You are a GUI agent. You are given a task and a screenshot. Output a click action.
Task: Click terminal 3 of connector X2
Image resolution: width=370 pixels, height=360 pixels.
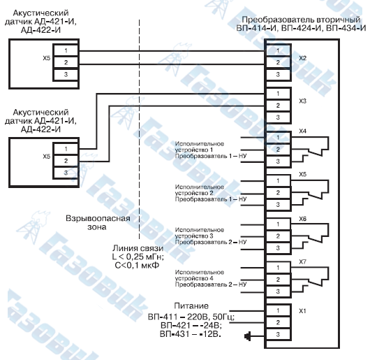coord(278,75)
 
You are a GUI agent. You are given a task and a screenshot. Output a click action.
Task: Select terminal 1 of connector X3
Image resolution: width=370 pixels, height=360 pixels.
coord(278,94)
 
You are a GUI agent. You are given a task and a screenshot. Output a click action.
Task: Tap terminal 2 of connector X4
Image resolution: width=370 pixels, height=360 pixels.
coord(278,150)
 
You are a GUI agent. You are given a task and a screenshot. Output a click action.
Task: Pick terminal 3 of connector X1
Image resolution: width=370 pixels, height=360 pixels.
coord(278,334)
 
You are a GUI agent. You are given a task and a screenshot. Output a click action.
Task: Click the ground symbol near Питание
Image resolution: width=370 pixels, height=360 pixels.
coord(247,336)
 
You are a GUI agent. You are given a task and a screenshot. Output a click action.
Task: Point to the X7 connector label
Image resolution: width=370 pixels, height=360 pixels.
coord(302,261)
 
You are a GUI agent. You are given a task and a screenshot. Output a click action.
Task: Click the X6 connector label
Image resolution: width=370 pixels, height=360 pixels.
coord(302,219)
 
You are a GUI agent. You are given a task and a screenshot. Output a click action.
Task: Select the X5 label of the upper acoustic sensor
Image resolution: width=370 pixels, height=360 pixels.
coord(47,58)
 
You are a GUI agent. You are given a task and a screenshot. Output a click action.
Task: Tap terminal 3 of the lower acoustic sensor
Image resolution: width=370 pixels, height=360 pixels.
coord(66,173)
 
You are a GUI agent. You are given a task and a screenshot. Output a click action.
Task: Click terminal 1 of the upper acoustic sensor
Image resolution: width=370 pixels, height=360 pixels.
coord(66,50)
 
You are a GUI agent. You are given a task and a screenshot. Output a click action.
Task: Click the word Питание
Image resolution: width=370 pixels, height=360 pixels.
coord(191,306)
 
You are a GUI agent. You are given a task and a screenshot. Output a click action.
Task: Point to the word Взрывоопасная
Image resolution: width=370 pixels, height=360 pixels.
coord(98,218)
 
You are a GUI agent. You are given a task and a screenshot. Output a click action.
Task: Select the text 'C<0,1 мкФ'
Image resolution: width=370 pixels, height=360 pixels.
coord(137,265)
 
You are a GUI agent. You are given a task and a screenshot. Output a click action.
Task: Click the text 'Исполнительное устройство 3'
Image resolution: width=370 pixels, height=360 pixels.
coord(200,233)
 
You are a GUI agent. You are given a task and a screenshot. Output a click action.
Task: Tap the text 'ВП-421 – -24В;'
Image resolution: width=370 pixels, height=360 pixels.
coord(191,326)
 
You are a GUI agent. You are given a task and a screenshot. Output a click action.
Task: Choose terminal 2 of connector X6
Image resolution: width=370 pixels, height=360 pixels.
coord(278,236)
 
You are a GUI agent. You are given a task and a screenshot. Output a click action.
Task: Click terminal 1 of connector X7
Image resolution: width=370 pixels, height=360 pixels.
coord(278,268)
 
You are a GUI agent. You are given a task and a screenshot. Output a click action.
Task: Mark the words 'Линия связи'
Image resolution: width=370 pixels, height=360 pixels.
coord(138,248)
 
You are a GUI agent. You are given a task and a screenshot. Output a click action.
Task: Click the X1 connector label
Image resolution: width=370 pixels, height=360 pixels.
coord(302,311)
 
